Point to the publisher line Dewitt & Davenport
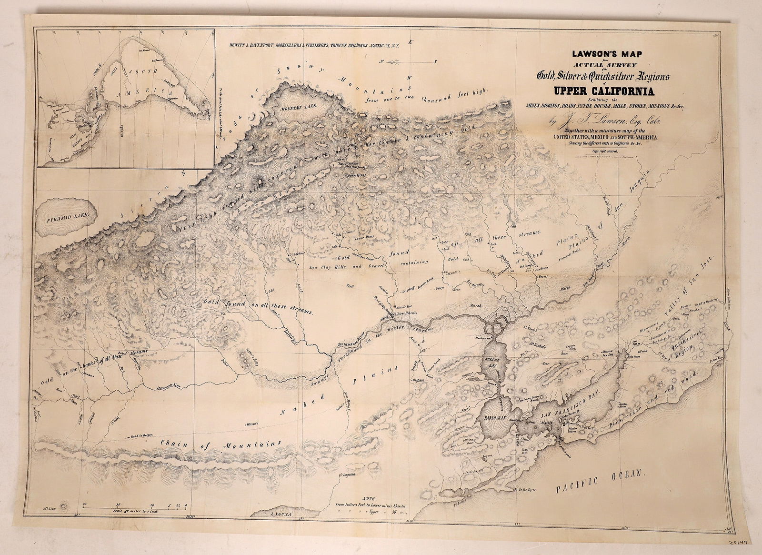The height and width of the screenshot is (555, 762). (312, 45)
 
